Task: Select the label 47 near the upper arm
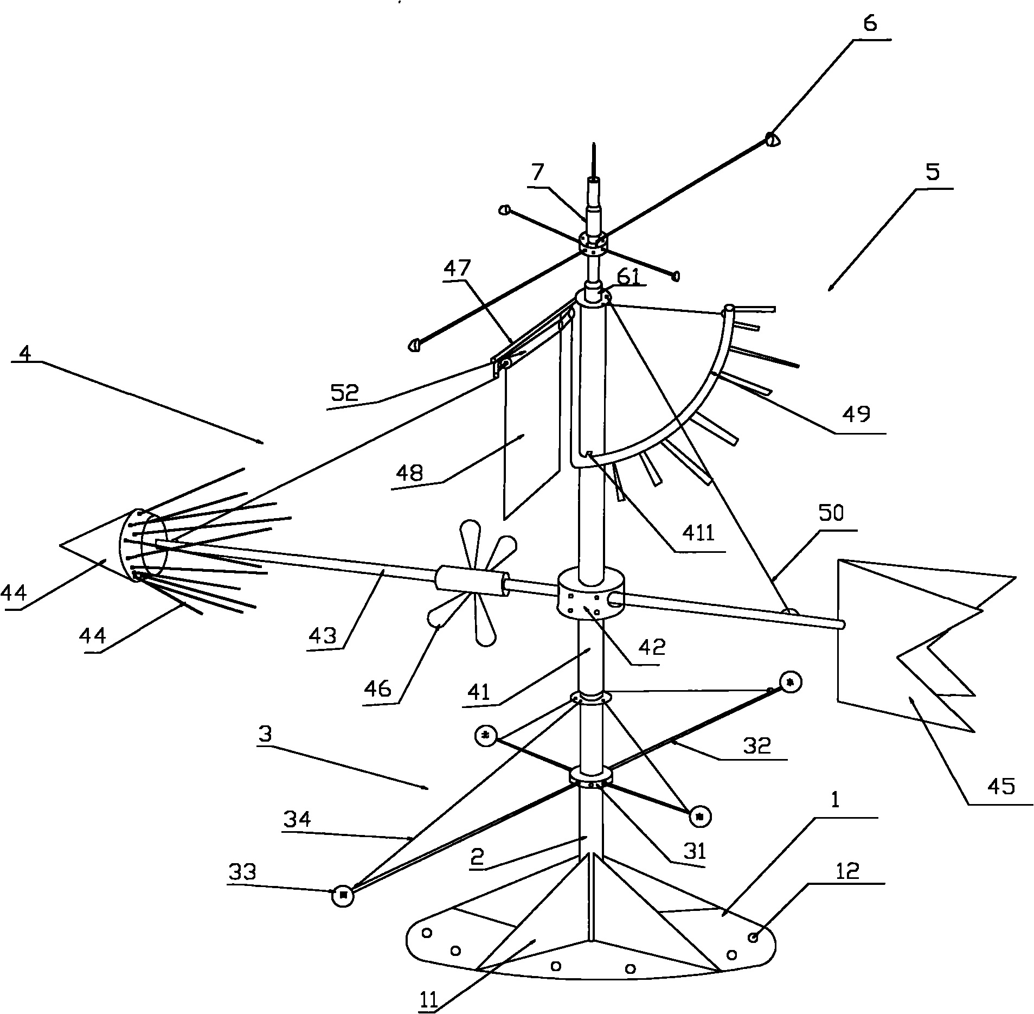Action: (457, 269)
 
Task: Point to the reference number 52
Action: (345, 393)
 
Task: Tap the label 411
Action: (699, 534)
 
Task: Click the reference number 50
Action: (831, 514)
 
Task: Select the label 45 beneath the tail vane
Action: (1001, 786)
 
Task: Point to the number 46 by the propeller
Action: (378, 688)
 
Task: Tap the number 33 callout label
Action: (242, 872)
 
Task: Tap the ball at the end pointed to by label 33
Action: (343, 895)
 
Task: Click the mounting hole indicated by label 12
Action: (753, 938)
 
